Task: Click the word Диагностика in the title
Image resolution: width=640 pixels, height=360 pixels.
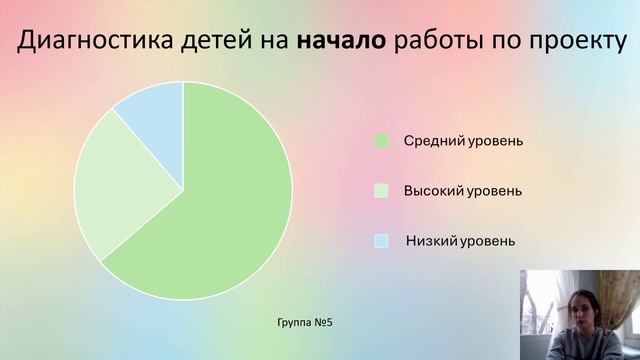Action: point(95,42)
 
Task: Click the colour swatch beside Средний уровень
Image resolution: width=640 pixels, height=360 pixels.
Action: point(381,141)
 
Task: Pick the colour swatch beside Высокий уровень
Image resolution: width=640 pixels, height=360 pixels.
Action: point(381,190)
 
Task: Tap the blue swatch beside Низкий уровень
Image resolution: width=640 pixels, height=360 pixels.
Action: point(381,241)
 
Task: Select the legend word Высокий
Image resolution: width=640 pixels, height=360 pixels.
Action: point(430,190)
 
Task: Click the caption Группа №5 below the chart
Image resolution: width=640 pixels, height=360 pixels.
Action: point(304,323)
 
